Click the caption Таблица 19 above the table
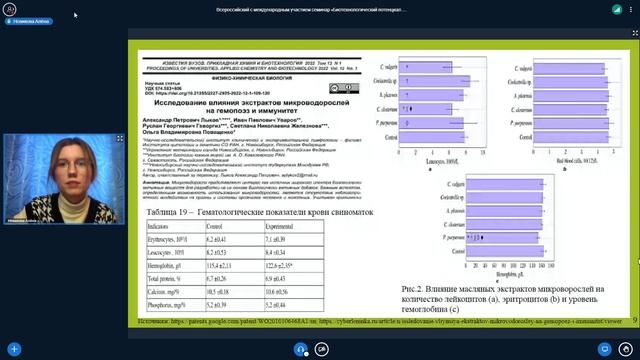coord(254,214)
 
